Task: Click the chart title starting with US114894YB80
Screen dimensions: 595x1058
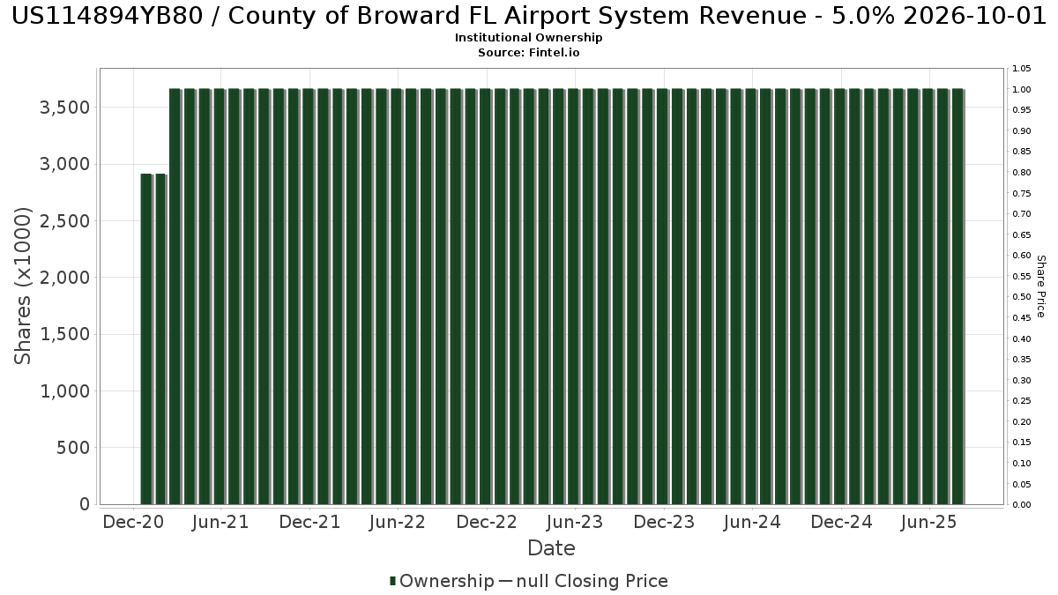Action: tap(529, 18)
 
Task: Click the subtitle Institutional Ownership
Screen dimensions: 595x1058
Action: tap(529, 38)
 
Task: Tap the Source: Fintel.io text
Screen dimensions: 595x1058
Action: tap(529, 53)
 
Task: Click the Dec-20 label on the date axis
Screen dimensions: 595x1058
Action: tap(133, 522)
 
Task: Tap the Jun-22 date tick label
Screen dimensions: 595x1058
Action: tap(399, 522)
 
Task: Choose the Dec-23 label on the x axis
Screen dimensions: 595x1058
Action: tap(664, 522)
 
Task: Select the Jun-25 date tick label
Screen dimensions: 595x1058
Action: tap(928, 522)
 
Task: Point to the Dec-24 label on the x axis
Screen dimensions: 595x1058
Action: tap(841, 522)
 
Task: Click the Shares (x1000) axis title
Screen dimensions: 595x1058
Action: tap(24, 286)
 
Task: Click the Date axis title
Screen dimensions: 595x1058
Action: tap(551, 548)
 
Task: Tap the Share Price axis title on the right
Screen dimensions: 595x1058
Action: tap(1040, 286)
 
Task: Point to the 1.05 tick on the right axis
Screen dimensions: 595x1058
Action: tap(1022, 69)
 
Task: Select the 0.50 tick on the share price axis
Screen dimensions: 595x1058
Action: tap(1022, 297)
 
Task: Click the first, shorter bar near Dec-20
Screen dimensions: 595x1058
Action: tap(147, 339)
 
